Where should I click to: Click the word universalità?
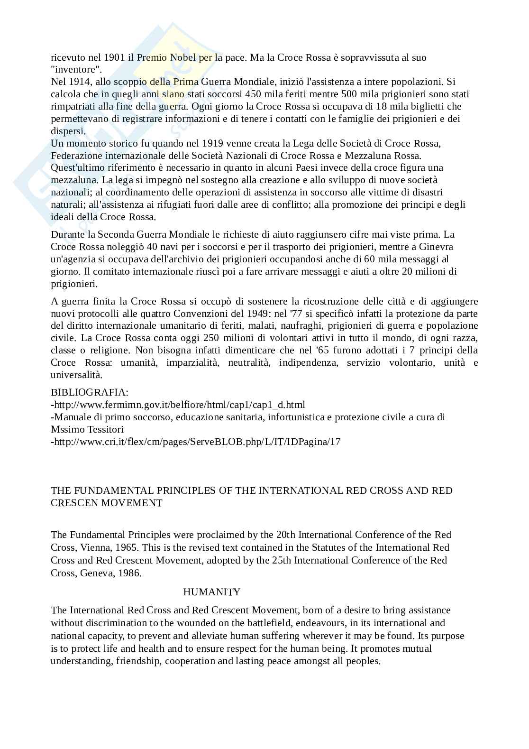pyautogui.click(x=76, y=375)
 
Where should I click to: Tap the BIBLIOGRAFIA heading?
pyautogui.click(x=90, y=393)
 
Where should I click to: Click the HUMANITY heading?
pyautogui.click(x=211, y=592)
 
